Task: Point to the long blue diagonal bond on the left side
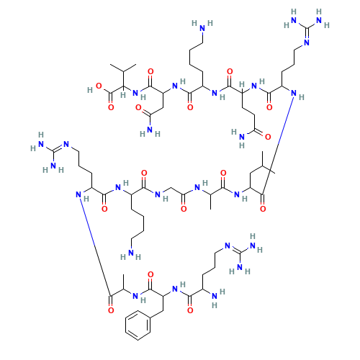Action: pos(94,245)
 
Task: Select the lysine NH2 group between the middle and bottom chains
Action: pos(134,253)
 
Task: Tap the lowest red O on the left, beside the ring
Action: pos(110,310)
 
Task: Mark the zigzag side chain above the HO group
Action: pos(123,68)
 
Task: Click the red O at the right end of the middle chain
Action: pos(261,208)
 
